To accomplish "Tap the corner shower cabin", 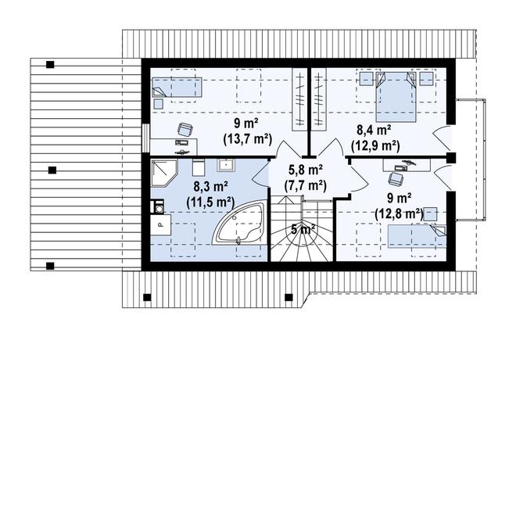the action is tap(164, 173).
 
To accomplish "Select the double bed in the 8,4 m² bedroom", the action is tap(396, 96).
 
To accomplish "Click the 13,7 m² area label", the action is tap(248, 139).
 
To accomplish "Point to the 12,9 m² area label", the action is tap(375, 145).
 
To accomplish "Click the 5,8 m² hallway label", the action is tap(306, 170).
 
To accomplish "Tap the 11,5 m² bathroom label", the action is tap(210, 202).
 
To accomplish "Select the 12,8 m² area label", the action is tap(399, 214).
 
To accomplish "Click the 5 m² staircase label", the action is tap(303, 229).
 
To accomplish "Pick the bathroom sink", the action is tap(226, 165).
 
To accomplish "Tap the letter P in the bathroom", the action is tap(161, 225).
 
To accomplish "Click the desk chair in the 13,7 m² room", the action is tap(185, 129).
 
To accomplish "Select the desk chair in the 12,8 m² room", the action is tap(396, 179).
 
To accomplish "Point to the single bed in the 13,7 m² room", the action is tap(177, 88).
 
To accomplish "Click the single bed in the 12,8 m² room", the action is tap(417, 236).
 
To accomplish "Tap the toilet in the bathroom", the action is tap(199, 167).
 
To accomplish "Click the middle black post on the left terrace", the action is tap(52, 170).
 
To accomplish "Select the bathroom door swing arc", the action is tap(260, 175).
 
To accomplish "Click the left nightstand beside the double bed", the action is tap(365, 79).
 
